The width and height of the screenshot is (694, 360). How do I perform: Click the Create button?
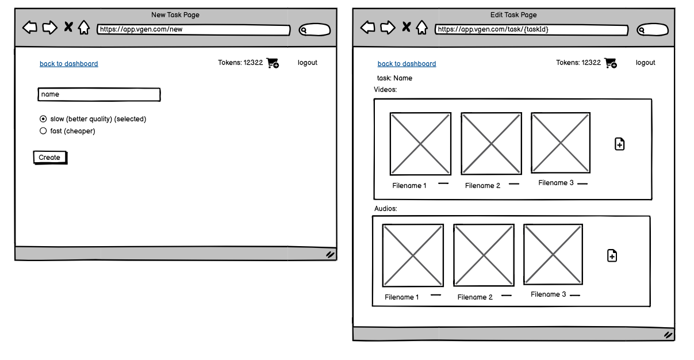pyautogui.click(x=50, y=158)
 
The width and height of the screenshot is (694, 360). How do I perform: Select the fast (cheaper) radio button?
pyautogui.click(x=43, y=131)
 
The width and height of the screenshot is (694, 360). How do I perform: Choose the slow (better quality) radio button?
pyautogui.click(x=43, y=118)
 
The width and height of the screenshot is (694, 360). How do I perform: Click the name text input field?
pyautogui.click(x=99, y=94)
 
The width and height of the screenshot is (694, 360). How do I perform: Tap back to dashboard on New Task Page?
pyautogui.click(x=69, y=64)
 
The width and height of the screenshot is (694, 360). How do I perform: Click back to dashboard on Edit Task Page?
pyautogui.click(x=407, y=64)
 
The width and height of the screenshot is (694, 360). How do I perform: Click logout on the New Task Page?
pyautogui.click(x=308, y=63)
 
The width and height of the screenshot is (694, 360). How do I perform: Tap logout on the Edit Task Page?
pyautogui.click(x=645, y=63)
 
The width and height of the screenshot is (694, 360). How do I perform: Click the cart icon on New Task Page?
pyautogui.click(x=273, y=63)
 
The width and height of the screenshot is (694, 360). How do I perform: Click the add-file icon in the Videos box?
pyautogui.click(x=619, y=144)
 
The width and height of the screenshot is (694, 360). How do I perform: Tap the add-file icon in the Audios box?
pyautogui.click(x=612, y=255)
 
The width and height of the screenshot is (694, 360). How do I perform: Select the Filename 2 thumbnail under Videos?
pyautogui.click(x=492, y=143)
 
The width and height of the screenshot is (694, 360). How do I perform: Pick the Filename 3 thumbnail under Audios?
pyautogui.click(x=553, y=254)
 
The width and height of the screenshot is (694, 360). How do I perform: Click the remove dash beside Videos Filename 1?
pyautogui.click(x=443, y=183)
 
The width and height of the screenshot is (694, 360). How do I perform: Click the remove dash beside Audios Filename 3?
pyautogui.click(x=575, y=295)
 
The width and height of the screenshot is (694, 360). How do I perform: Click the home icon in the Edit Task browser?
pyautogui.click(x=421, y=28)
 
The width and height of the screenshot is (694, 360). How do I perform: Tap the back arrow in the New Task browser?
pyautogui.click(x=30, y=27)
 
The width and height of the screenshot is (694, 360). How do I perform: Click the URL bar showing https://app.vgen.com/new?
pyautogui.click(x=194, y=30)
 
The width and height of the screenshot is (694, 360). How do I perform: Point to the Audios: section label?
pyautogui.click(x=385, y=209)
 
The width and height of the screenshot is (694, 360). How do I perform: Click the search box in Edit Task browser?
pyautogui.click(x=653, y=30)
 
